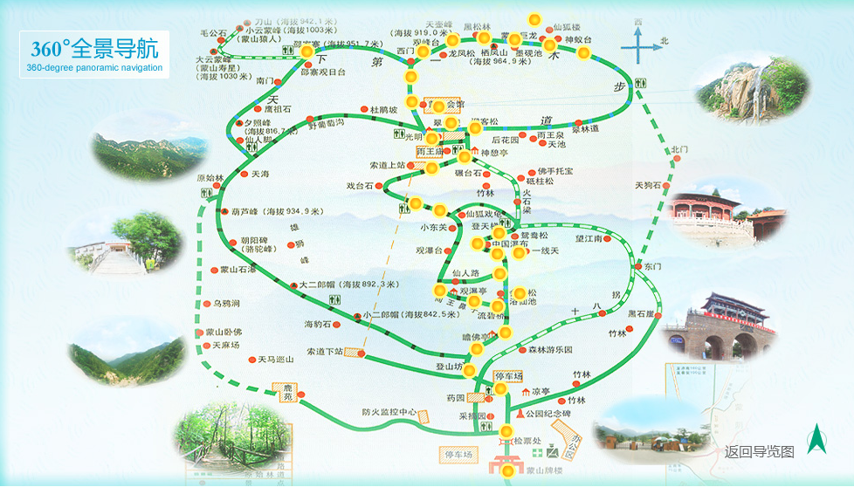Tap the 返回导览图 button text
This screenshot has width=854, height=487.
click(x=759, y=451)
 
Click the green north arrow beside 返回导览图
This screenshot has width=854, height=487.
click(x=816, y=439)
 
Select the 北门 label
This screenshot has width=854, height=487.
click(x=680, y=150)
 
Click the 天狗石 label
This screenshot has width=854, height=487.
click(x=649, y=185)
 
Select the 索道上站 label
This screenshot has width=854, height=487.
click(x=387, y=165)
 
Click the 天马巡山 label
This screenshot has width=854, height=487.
click(x=276, y=359)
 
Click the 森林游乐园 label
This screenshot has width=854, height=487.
click(x=550, y=349)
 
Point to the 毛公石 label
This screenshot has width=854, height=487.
click(x=213, y=33)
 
